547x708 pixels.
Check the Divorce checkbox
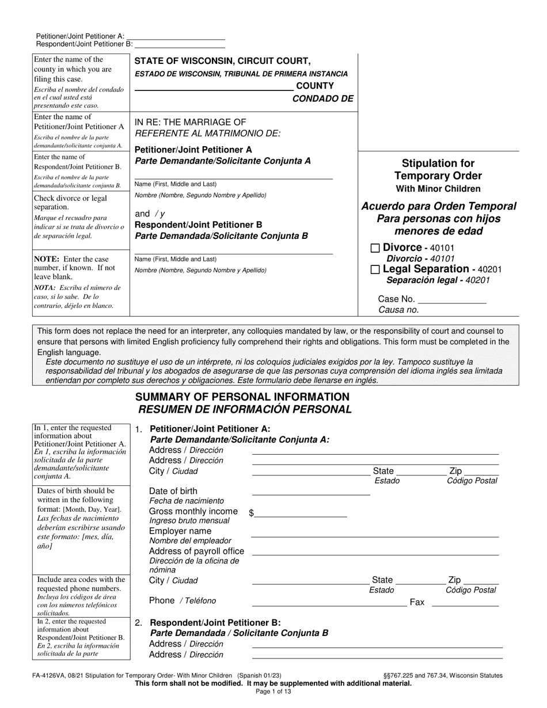click(375, 248)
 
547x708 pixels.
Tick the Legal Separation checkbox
click(375, 269)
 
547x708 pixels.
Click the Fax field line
click(465, 604)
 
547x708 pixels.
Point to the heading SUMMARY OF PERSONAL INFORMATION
click(242, 397)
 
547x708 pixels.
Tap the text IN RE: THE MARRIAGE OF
click(190, 122)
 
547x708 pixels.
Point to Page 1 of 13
click(273, 691)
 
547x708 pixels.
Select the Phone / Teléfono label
click(183, 601)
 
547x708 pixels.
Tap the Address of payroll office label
click(196, 551)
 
